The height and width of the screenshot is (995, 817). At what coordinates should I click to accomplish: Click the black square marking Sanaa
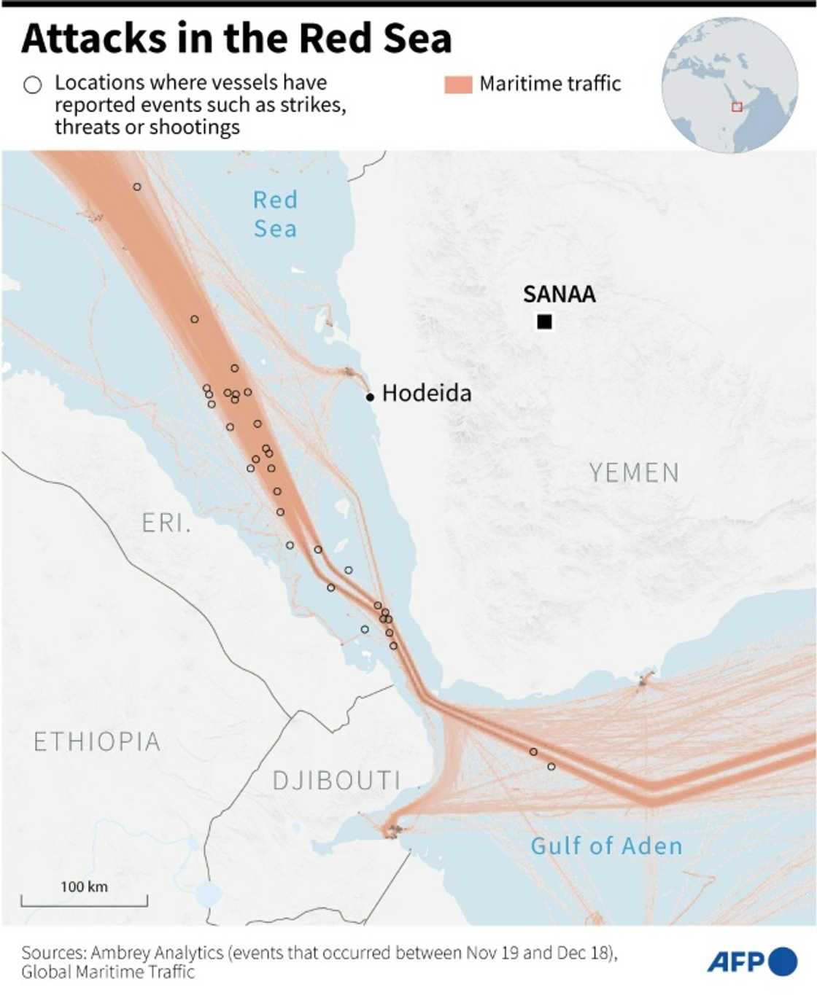pyautogui.click(x=544, y=321)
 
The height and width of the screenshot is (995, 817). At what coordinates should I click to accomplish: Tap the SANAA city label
pyautogui.click(x=559, y=294)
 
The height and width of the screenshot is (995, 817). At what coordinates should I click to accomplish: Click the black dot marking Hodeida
pyautogui.click(x=370, y=397)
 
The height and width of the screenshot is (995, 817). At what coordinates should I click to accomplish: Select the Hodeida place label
pyautogui.click(x=426, y=394)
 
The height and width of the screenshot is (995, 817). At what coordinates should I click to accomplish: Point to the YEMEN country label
pyautogui.click(x=634, y=473)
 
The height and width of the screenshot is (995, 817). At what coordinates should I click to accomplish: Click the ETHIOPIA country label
pyautogui.click(x=97, y=742)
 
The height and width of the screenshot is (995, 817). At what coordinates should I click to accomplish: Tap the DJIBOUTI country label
pyautogui.click(x=336, y=781)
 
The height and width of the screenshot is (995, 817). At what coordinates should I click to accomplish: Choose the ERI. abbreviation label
pyautogui.click(x=166, y=523)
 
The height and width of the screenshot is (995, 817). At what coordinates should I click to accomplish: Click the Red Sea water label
pyautogui.click(x=275, y=214)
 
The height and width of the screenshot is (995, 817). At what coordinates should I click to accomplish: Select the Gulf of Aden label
pyautogui.click(x=606, y=846)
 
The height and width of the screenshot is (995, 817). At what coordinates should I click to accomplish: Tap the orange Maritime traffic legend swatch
pyautogui.click(x=458, y=85)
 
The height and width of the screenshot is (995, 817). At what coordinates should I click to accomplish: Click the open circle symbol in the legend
pyautogui.click(x=33, y=85)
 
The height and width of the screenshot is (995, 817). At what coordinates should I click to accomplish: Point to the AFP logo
pyautogui.click(x=751, y=962)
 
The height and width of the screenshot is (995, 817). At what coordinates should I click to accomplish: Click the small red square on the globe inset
pyautogui.click(x=737, y=107)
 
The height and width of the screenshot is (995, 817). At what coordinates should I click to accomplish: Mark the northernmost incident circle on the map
pyautogui.click(x=137, y=187)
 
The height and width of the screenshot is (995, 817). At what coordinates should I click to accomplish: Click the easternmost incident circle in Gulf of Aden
pyautogui.click(x=551, y=767)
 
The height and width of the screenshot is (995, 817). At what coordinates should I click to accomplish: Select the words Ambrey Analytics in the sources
pyautogui.click(x=158, y=953)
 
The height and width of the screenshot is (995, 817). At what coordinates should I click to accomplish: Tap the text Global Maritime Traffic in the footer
pyautogui.click(x=108, y=972)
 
